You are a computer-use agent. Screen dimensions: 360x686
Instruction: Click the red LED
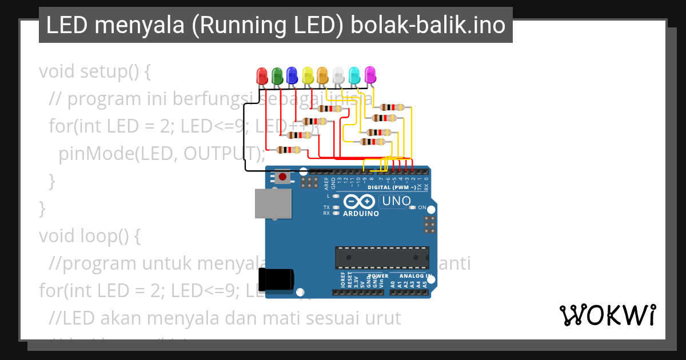262,75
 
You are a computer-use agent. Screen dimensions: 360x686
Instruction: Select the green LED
277,75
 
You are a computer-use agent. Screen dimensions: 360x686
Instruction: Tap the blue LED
292,75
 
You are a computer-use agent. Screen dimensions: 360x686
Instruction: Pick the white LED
338,75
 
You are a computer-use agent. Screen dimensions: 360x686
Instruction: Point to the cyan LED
354,75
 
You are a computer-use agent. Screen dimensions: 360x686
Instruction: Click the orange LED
322,75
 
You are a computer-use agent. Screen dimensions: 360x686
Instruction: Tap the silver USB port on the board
272,203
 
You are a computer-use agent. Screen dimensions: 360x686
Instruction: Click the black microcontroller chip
382,257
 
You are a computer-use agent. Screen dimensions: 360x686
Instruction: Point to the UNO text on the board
396,201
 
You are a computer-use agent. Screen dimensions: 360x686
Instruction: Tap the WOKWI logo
607,315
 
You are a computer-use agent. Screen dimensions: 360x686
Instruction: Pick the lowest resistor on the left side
288,150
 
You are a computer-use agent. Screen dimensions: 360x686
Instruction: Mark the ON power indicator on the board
422,207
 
